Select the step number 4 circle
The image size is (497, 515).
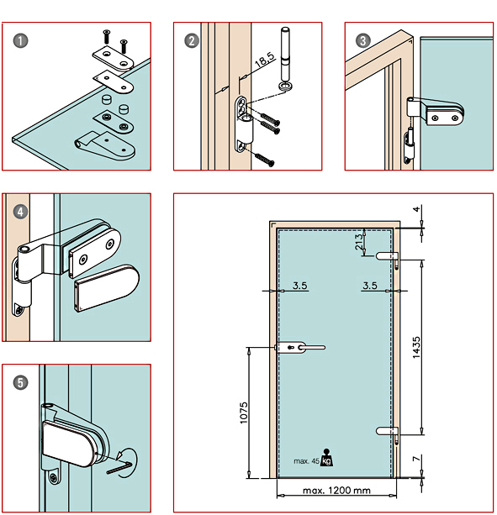[20, 212]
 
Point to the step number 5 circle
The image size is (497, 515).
[20, 382]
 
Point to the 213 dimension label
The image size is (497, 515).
[358, 240]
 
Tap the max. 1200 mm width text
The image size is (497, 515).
[333, 490]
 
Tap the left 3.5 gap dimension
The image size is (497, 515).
[300, 286]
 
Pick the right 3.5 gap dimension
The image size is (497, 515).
[369, 286]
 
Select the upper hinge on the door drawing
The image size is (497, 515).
[389, 256]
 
